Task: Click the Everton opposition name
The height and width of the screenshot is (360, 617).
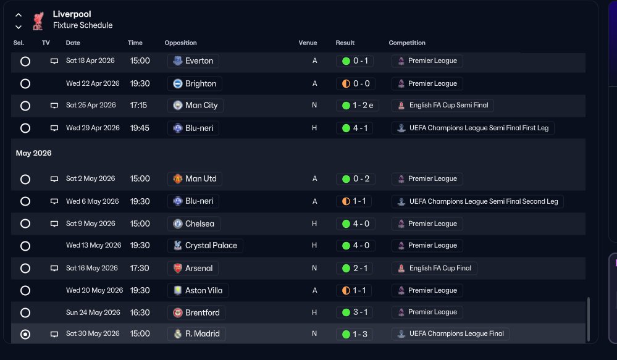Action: pos(199,61)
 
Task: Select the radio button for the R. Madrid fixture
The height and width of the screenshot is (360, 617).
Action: pos(25,335)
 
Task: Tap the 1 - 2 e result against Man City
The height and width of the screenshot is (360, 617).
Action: pos(358,106)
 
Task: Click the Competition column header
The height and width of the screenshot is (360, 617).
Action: pos(407,43)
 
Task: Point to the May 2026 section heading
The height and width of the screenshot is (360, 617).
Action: pos(34,153)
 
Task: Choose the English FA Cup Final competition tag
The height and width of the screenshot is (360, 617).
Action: pos(434,269)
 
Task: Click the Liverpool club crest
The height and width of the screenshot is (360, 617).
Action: pos(38,20)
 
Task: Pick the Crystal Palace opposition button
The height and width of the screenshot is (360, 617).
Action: pos(206,246)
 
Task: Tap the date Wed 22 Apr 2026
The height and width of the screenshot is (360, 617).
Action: pos(93,83)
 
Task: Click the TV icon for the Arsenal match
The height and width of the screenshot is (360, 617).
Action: pos(54,269)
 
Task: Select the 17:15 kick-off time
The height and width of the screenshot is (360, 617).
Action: pos(138,106)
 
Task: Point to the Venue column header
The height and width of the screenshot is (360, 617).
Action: pos(308,43)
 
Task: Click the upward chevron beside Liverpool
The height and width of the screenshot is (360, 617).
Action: pos(19,15)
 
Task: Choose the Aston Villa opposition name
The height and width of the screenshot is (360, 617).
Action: pos(204,290)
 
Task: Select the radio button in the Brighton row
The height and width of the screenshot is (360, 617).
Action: pos(25,84)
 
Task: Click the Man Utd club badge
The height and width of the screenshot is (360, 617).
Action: pos(178,179)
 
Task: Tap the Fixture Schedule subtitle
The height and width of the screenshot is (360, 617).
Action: pos(83,25)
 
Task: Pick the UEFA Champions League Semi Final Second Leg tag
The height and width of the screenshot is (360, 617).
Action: pos(477,201)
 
